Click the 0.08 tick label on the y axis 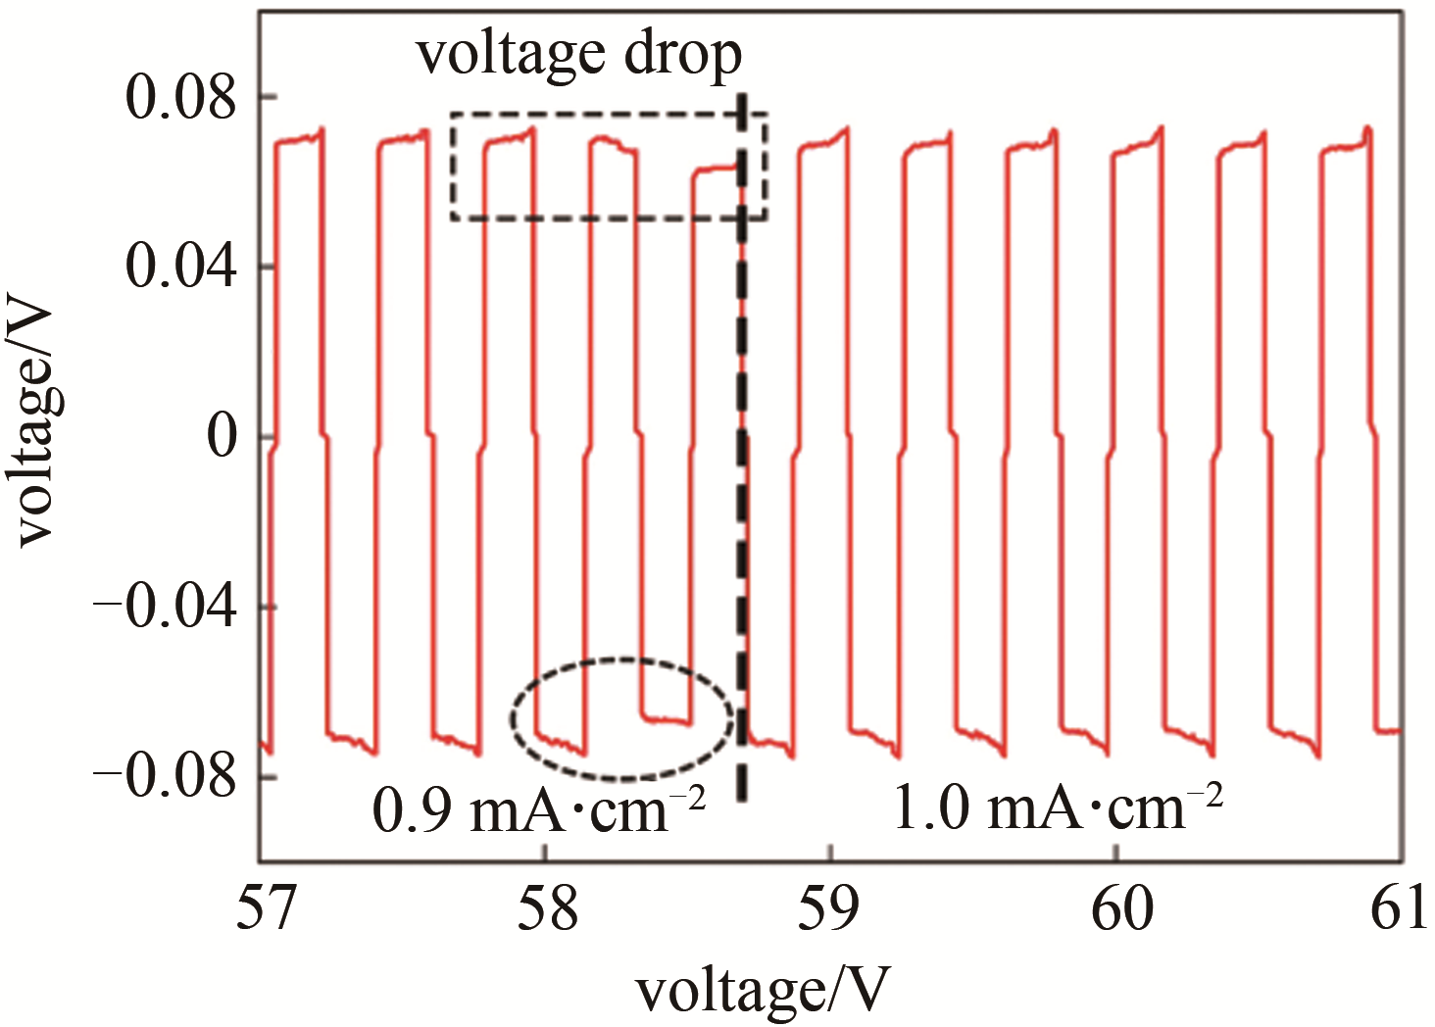click(181, 99)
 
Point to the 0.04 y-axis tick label click(181, 268)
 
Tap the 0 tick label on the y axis click(223, 437)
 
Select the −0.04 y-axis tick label click(165, 608)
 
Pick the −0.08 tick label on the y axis click(165, 777)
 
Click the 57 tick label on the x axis click(263, 908)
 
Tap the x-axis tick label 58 click(546, 908)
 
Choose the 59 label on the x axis click(831, 908)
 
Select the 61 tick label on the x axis click(1399, 908)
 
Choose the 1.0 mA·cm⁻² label click(1058, 809)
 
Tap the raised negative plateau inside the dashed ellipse click(667, 719)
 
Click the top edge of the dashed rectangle click(608, 114)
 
